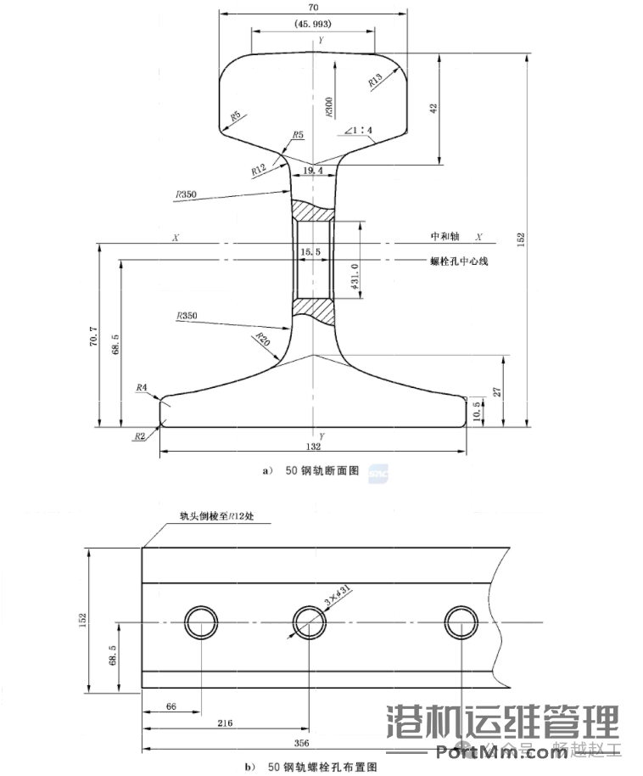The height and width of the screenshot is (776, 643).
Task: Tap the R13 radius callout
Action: point(375,81)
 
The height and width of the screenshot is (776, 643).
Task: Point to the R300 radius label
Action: point(328,105)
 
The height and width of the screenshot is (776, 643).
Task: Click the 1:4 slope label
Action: point(360,131)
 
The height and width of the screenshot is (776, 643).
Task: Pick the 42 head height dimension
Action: point(433,108)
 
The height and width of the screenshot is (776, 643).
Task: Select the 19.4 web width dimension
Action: point(313,171)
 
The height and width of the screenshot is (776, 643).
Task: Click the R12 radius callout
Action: point(259,170)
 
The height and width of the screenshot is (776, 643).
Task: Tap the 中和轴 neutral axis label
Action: point(444,237)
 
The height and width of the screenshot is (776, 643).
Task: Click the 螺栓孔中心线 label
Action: point(459,261)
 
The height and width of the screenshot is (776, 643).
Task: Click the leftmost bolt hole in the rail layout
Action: point(201,621)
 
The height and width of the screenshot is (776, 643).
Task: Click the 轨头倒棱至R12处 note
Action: point(215,515)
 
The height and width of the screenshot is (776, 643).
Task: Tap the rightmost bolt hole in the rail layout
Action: point(461,621)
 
